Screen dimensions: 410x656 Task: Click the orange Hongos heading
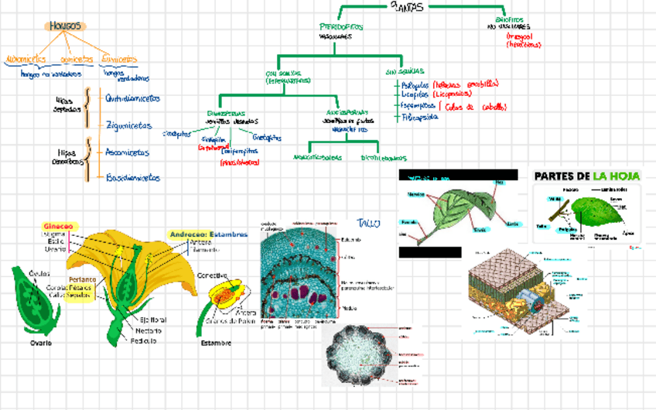pyautogui.click(x=66, y=26)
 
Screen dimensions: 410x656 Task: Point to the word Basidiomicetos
pyautogui.click(x=133, y=177)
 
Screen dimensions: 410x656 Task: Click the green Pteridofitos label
pyautogui.click(x=340, y=27)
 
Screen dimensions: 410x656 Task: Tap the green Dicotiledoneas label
pyautogui.click(x=384, y=158)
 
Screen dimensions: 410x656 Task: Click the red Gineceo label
pyautogui.click(x=58, y=227)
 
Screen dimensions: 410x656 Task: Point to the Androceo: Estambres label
pyautogui.click(x=209, y=233)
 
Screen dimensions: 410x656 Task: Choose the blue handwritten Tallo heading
pyautogui.click(x=369, y=224)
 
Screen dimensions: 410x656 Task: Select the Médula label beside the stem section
pyautogui.click(x=350, y=307)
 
